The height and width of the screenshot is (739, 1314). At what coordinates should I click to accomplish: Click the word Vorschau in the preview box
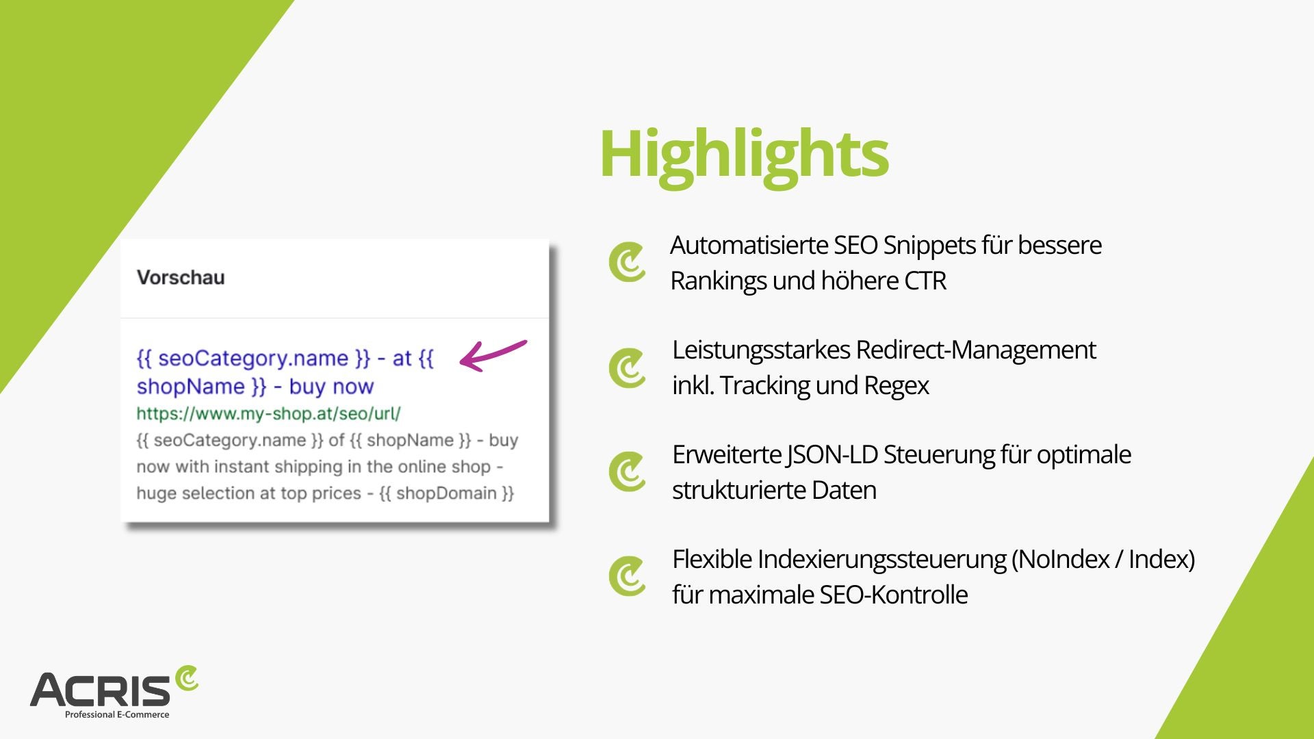coord(181,277)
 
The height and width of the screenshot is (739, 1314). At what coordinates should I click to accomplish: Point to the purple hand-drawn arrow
coord(493,354)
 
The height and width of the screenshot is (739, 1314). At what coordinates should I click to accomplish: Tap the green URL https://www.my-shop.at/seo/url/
coord(268,413)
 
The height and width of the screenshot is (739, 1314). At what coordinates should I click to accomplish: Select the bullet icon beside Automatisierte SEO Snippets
coord(627,262)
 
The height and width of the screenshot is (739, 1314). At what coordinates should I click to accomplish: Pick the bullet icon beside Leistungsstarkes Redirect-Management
coord(627,368)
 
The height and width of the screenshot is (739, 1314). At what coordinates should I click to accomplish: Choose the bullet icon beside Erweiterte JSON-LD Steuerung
coord(627,471)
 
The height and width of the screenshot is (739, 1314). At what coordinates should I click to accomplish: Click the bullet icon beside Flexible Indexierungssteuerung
coord(627,576)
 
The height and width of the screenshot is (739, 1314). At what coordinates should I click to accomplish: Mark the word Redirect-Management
coord(976,350)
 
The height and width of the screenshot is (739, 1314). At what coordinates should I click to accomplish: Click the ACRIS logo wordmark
coord(100,690)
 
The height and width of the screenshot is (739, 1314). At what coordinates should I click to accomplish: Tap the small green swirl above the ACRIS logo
coord(186,678)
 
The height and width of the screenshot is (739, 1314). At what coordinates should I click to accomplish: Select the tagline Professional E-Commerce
coord(117,714)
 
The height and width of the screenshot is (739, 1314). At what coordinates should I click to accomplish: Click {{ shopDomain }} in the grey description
coord(446,493)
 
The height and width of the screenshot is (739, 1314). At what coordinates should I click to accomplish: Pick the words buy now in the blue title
coord(331,387)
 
